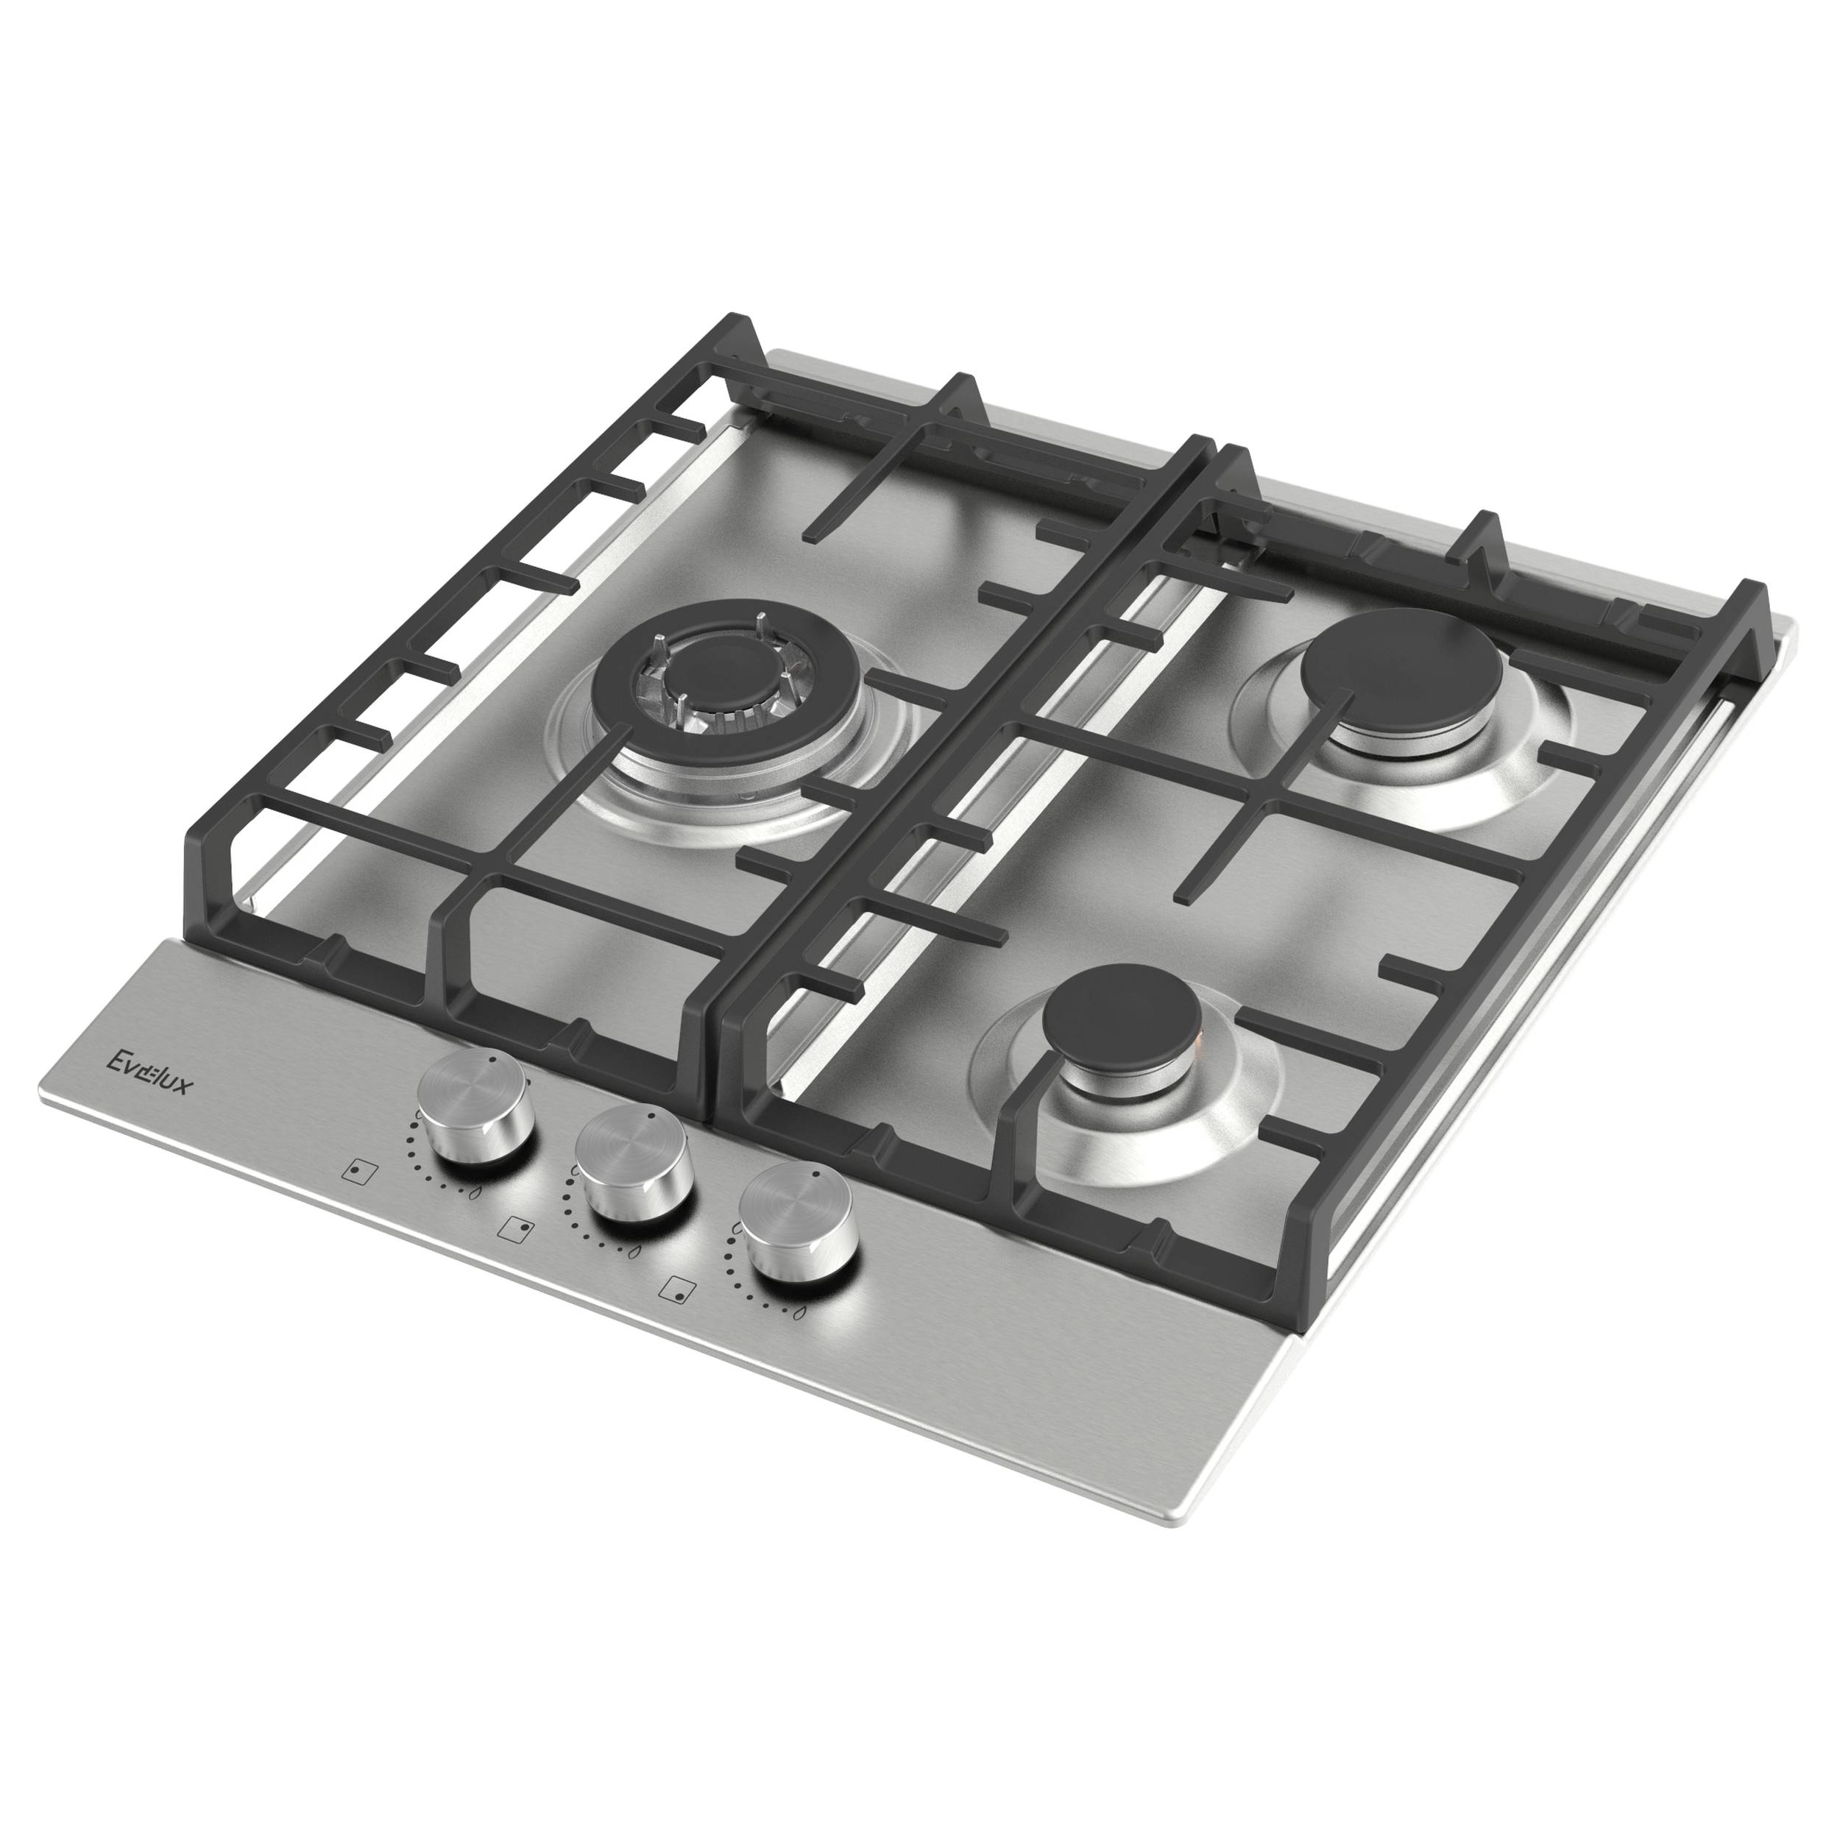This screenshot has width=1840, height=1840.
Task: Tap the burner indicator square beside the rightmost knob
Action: click(677, 1289)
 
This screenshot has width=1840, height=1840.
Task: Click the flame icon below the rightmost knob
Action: click(798, 1315)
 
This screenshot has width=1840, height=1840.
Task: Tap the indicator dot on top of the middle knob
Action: click(651, 1117)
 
